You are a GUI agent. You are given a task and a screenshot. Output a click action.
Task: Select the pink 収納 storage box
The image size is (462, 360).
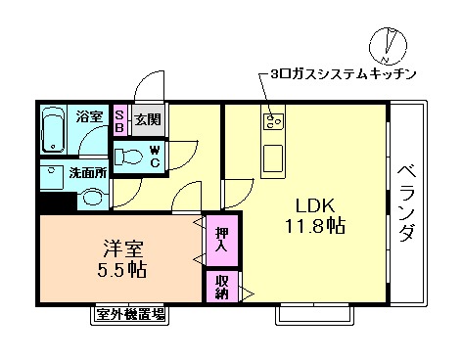click(x=219, y=286)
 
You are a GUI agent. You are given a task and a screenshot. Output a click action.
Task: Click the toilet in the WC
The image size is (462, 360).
click(x=129, y=156)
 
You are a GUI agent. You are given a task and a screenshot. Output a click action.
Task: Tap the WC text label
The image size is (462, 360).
click(x=155, y=157)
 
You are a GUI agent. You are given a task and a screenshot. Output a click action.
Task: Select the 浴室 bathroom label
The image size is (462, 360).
click(x=90, y=116)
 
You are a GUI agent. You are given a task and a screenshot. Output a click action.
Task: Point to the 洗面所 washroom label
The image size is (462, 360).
click(x=86, y=173)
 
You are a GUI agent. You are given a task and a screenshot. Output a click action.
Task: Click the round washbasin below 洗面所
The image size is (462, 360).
click(x=93, y=196)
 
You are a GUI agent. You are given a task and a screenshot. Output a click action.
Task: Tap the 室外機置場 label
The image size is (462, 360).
click(x=130, y=314)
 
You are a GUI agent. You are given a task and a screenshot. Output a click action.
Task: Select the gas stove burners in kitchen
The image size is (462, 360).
click(x=271, y=122)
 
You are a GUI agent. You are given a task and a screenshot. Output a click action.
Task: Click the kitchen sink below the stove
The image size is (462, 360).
click(x=271, y=156)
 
